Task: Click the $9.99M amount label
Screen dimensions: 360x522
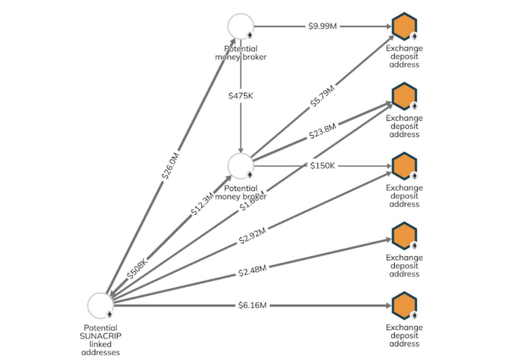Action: pyautogui.click(x=322, y=27)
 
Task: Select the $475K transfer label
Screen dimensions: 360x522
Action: pyautogui.click(x=242, y=96)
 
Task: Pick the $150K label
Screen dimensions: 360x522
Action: pyautogui.click(x=322, y=166)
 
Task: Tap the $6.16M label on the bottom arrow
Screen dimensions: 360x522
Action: pyautogui.click(x=252, y=305)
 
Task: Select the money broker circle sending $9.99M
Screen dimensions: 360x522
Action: pyautogui.click(x=241, y=27)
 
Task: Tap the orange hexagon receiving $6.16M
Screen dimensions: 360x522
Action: pyautogui.click(x=404, y=305)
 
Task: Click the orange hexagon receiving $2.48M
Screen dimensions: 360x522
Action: pyautogui.click(x=404, y=236)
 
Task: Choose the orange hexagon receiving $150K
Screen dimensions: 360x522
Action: pyautogui.click(x=404, y=166)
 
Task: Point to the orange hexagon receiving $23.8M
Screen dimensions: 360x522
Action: pyautogui.click(x=404, y=96)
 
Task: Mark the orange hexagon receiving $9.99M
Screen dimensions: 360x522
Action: pyautogui.click(x=404, y=27)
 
